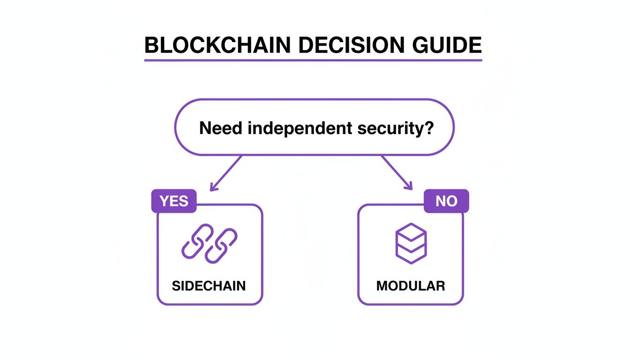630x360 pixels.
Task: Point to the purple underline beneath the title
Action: (313, 60)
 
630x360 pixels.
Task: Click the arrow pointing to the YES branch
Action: (226, 173)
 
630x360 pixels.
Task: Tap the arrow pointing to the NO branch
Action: (397, 173)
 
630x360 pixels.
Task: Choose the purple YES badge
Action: (174, 201)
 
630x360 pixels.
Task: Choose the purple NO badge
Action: (446, 201)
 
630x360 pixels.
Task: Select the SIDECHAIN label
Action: (209, 286)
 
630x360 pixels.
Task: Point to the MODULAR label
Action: (411, 286)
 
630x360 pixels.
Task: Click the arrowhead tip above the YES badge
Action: (211, 190)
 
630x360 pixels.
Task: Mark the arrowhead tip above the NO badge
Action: (412, 190)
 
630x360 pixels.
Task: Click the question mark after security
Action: (428, 127)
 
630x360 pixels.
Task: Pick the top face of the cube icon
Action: (411, 231)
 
